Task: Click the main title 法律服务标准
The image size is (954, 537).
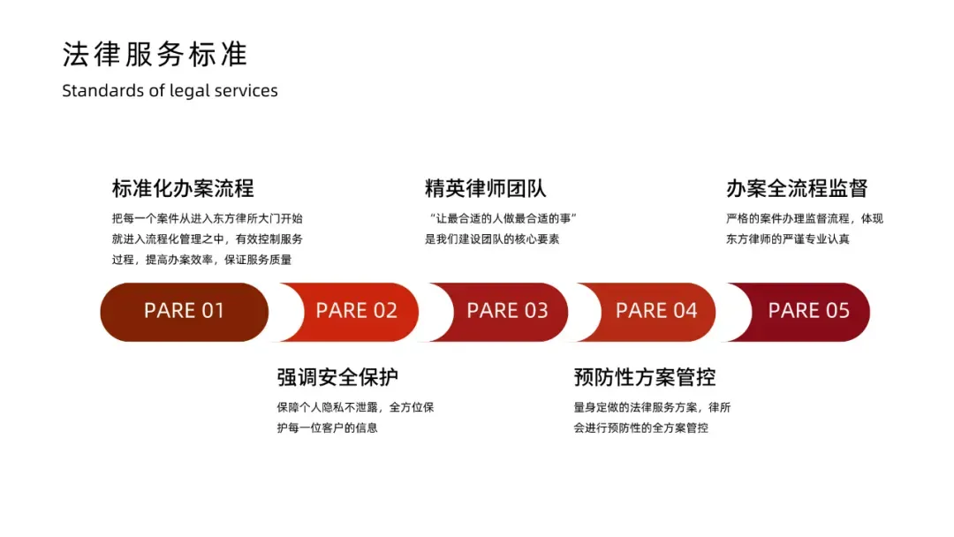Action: pyautogui.click(x=155, y=55)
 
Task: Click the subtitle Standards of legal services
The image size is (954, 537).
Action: pyautogui.click(x=170, y=91)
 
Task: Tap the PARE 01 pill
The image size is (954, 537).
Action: pyautogui.click(x=184, y=311)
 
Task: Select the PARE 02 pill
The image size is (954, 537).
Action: pyautogui.click(x=356, y=311)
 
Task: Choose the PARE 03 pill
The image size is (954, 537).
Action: pyautogui.click(x=507, y=311)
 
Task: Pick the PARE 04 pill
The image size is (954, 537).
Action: pyautogui.click(x=656, y=311)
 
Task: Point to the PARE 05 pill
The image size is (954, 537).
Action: pyautogui.click(x=808, y=311)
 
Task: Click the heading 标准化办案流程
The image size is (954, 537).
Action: pyautogui.click(x=183, y=188)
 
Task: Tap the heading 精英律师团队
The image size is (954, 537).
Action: pyautogui.click(x=485, y=188)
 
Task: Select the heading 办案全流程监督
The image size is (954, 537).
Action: pyautogui.click(x=797, y=188)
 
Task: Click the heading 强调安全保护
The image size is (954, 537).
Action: pyautogui.click(x=337, y=377)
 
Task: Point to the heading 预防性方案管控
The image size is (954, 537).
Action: pyautogui.click(x=644, y=377)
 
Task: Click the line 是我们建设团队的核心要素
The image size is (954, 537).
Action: pyautogui.click(x=492, y=239)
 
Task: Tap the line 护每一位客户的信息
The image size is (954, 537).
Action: pyautogui.click(x=328, y=428)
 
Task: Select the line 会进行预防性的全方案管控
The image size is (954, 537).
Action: pyautogui.click(x=640, y=428)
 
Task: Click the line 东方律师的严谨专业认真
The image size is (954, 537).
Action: pyautogui.click(x=788, y=239)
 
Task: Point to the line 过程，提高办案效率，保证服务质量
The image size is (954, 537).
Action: pyautogui.click(x=201, y=260)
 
